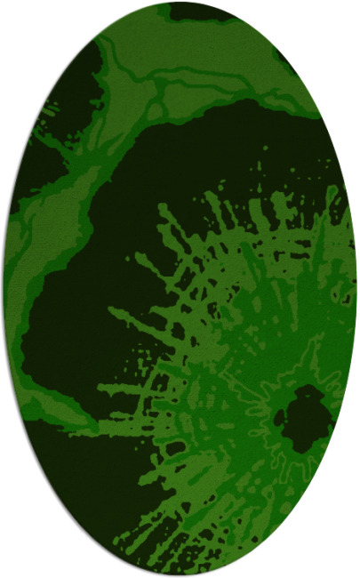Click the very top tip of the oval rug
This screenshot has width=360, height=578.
(x=180, y=3)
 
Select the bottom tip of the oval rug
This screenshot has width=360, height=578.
(x=180, y=575)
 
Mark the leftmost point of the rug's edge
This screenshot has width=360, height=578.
(x=3, y=289)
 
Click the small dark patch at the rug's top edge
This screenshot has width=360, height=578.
(x=200, y=12)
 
